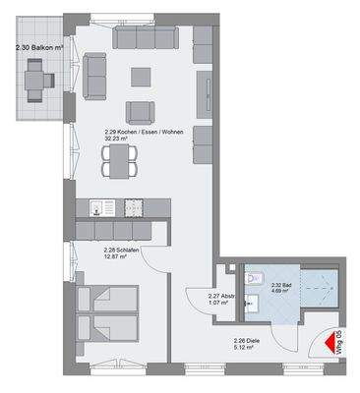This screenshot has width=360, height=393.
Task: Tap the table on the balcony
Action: click(x=39, y=74)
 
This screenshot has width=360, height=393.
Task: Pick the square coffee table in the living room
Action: click(x=143, y=76)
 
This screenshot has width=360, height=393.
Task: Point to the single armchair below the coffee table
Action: click(x=139, y=111)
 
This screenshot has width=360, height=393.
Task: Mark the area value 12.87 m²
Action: click(x=118, y=258)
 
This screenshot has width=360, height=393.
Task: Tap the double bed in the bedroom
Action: click(x=107, y=310)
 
